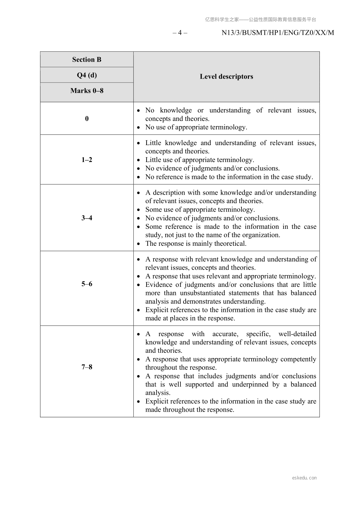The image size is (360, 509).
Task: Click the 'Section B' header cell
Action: tap(87, 60)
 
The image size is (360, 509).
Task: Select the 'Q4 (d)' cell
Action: tap(87, 75)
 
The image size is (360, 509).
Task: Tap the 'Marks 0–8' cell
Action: tap(87, 91)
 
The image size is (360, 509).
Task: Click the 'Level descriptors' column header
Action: tap(226, 76)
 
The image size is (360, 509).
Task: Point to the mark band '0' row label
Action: tap(87, 118)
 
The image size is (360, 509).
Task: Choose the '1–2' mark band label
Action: tap(87, 160)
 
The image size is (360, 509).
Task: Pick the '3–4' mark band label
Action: tap(87, 218)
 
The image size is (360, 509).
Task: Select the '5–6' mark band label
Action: tap(87, 284)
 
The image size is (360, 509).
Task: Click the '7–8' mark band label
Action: tap(87, 367)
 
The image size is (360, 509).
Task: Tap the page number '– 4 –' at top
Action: tap(180, 33)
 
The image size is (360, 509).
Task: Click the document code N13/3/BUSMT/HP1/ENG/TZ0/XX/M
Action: tap(278, 33)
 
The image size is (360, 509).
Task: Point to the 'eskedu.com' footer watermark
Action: tap(304, 478)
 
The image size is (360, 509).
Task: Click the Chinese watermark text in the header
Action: tap(261, 20)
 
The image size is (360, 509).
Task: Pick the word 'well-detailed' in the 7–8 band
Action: tap(297, 334)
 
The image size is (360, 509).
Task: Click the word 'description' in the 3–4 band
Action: tap(169, 193)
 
